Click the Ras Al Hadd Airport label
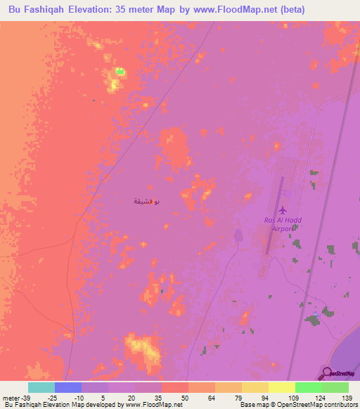coord(282,223)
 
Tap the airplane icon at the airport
coord(283,210)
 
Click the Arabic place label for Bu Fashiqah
coord(146,202)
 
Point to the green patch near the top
coord(120,71)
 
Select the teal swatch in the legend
coord(41,387)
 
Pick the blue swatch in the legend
coord(68,387)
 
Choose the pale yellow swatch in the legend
coord(282,387)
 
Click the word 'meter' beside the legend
coord(11,397)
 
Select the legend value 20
coord(131,397)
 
